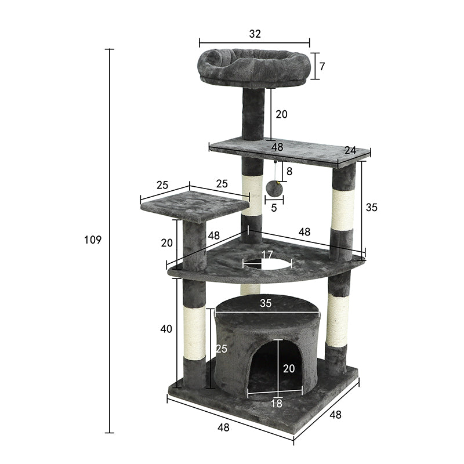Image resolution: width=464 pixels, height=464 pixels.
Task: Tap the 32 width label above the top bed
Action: pos(255,34)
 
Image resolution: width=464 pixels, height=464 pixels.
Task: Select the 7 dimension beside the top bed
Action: pos(322,66)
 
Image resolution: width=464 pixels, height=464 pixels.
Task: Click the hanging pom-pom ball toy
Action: pos(273,188)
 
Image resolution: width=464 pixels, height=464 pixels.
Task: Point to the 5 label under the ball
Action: pos(274,208)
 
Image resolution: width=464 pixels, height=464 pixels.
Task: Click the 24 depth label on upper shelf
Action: pos(349,150)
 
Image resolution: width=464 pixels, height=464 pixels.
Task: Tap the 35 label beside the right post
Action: pos(372,208)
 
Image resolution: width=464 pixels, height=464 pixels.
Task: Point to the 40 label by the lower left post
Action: pos(166,329)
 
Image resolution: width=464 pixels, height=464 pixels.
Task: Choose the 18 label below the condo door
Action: pos(277,404)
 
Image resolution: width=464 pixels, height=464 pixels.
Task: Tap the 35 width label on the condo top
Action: pos(266,302)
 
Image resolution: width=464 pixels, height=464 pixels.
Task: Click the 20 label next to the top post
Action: pos(281,114)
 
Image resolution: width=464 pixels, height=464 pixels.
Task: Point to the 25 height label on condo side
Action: pos(221,349)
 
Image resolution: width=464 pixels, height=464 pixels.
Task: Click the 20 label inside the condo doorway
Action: pos(288,368)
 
